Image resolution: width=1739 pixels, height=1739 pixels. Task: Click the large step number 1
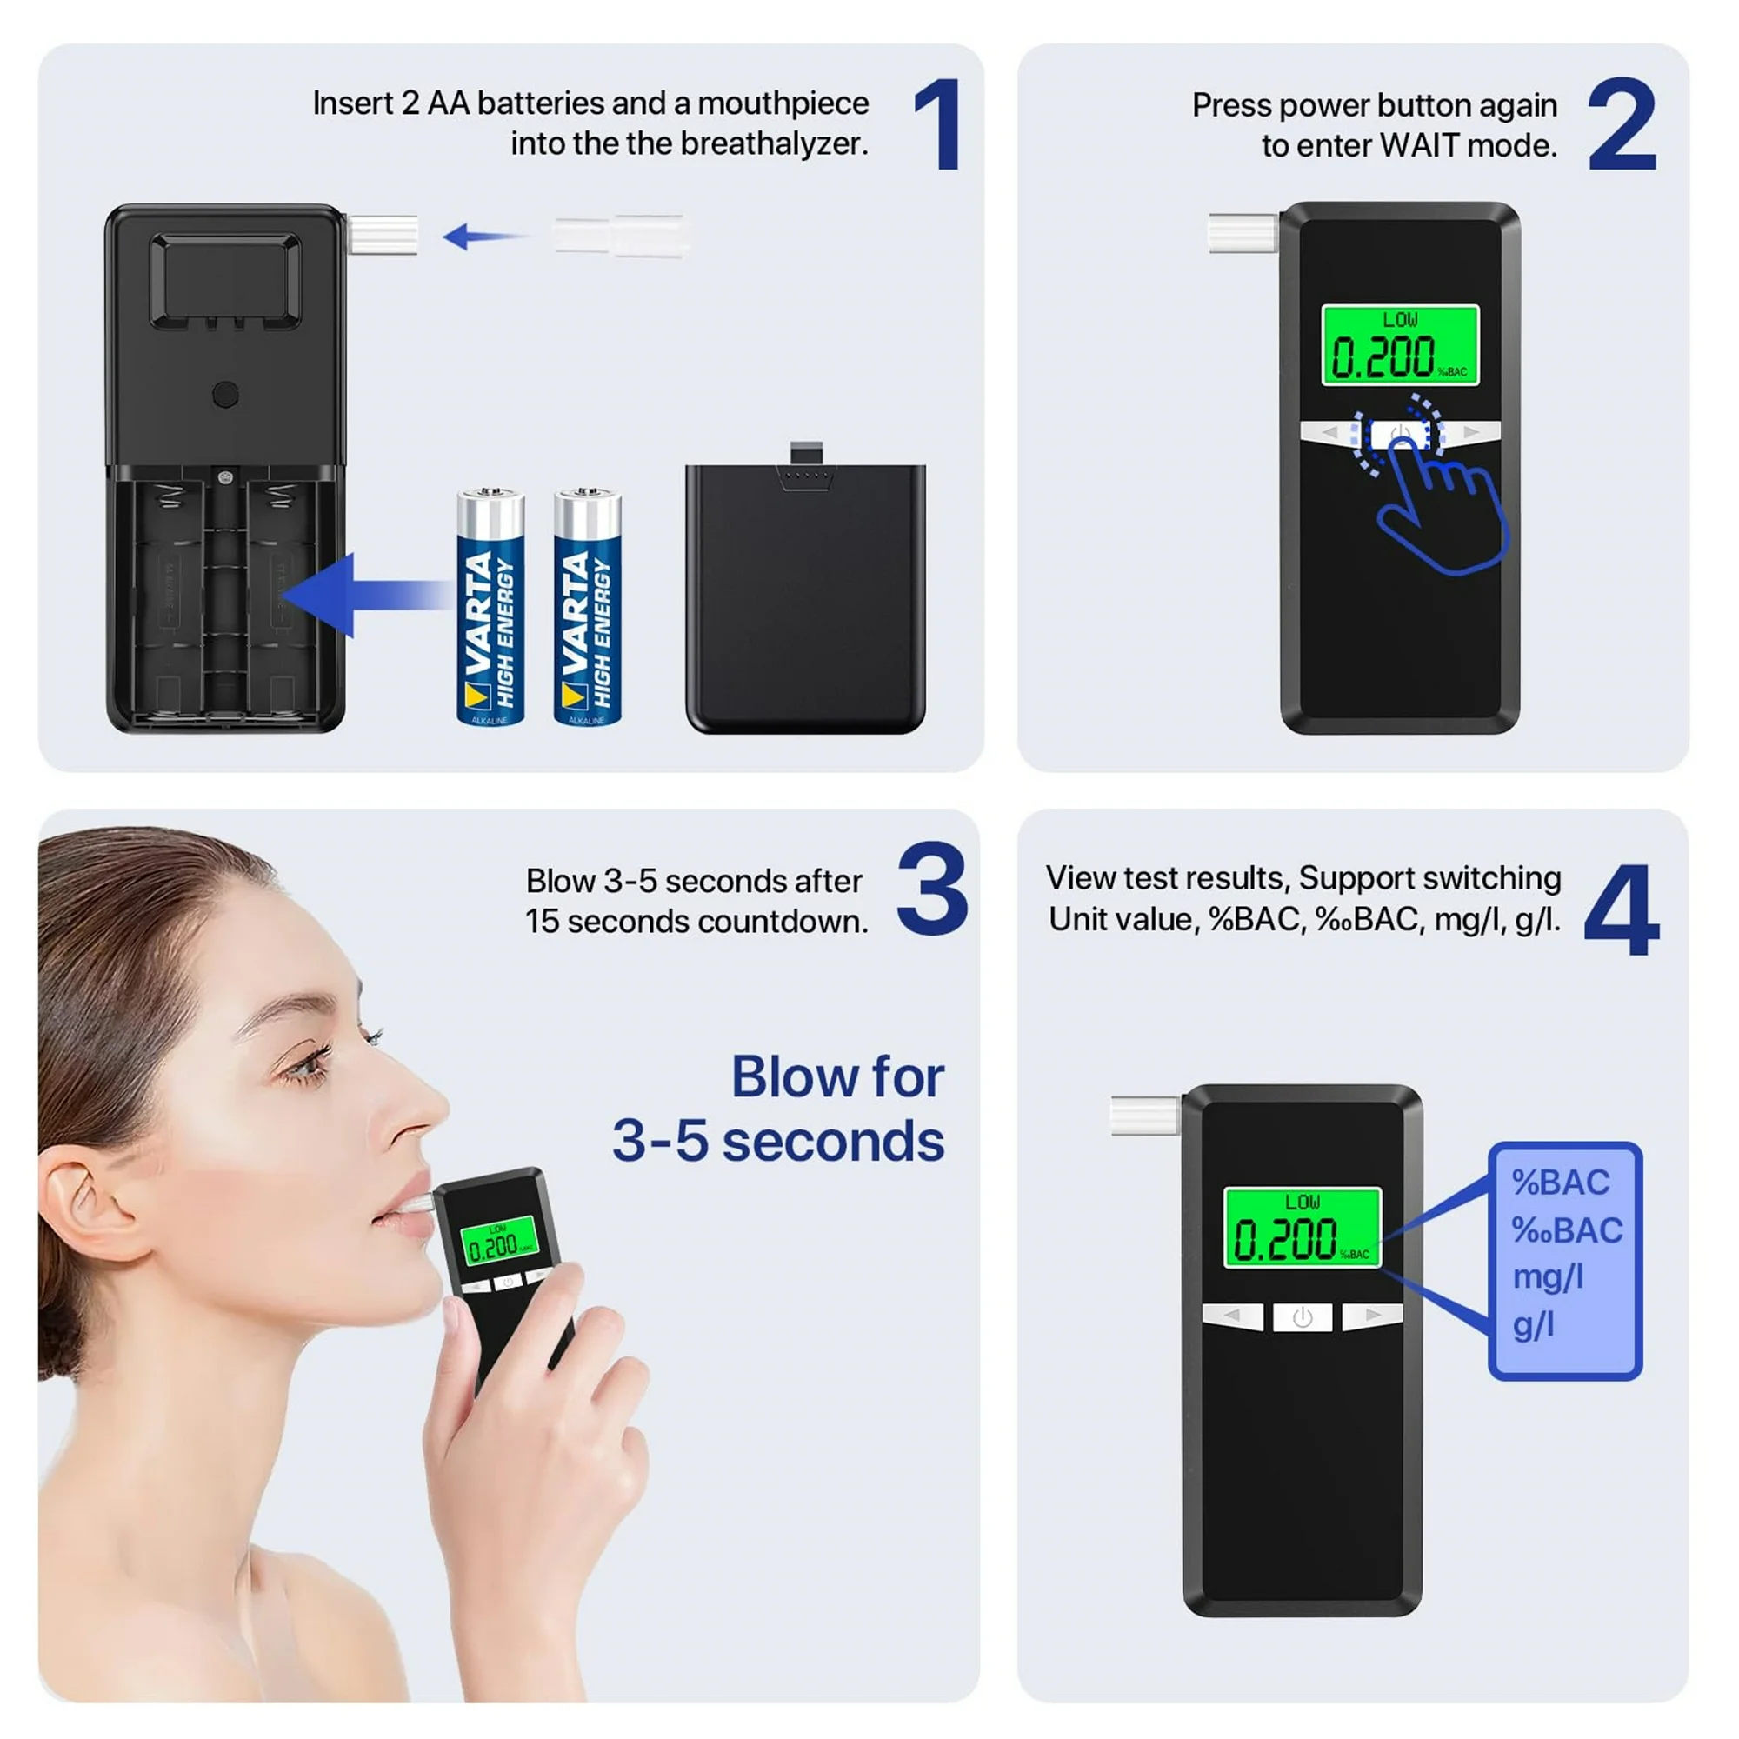pyautogui.click(x=938, y=123)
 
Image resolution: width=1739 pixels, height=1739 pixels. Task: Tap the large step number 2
pyautogui.click(x=1622, y=123)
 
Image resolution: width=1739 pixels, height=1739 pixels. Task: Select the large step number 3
pyautogui.click(x=932, y=889)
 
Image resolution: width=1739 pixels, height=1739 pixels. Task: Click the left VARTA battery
pyautogui.click(x=490, y=607)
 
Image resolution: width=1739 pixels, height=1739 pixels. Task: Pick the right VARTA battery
pyautogui.click(x=588, y=607)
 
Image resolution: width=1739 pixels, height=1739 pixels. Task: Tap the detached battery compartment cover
pyautogui.click(x=806, y=590)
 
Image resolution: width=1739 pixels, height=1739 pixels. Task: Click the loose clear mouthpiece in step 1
pyautogui.click(x=622, y=236)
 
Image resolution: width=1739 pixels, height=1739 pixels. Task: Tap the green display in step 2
pyautogui.click(x=1400, y=344)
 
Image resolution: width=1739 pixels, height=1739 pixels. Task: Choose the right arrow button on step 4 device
pyautogui.click(x=1372, y=1316)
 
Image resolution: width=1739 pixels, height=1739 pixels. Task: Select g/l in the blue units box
pyautogui.click(x=1533, y=1325)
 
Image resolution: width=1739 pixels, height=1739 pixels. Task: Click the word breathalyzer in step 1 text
pyautogui.click(x=773, y=144)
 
